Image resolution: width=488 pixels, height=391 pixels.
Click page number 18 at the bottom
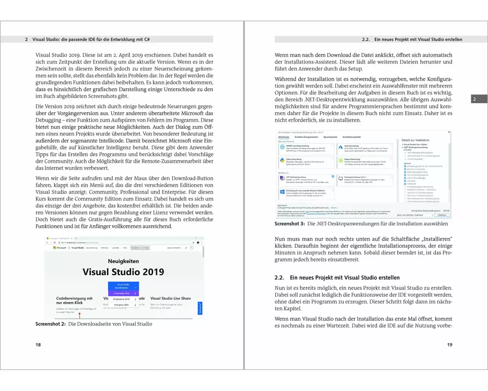(x=38, y=345)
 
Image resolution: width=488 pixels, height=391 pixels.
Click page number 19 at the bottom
(x=449, y=345)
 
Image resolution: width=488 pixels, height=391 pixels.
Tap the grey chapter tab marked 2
(x=473, y=99)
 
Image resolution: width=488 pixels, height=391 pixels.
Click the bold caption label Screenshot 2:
(x=51, y=324)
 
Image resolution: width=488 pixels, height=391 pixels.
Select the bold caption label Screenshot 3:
(x=290, y=223)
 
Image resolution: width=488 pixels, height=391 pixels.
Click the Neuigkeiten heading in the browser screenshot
(x=123, y=261)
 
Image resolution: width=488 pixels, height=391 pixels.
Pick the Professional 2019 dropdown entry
(x=122, y=299)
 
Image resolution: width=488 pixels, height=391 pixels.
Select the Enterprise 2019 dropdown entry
(x=122, y=304)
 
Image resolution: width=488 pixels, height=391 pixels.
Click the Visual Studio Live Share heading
(x=170, y=298)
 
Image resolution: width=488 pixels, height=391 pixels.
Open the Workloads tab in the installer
(x=284, y=138)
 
